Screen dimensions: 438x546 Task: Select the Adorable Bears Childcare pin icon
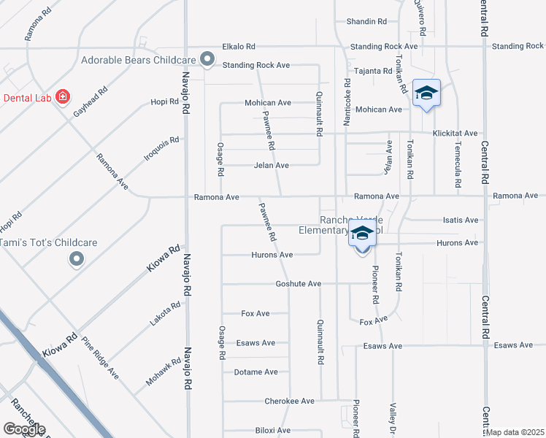point(207,59)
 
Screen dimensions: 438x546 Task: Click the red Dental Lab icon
point(63,96)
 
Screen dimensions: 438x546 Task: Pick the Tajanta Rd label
point(373,71)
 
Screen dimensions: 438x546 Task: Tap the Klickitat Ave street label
point(455,134)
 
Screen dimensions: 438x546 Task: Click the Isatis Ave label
point(461,220)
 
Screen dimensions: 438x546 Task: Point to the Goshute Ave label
point(299,283)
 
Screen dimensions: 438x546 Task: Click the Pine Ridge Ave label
point(100,358)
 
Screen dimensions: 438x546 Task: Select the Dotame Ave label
point(255,372)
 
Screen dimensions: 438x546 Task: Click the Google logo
point(24,429)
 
